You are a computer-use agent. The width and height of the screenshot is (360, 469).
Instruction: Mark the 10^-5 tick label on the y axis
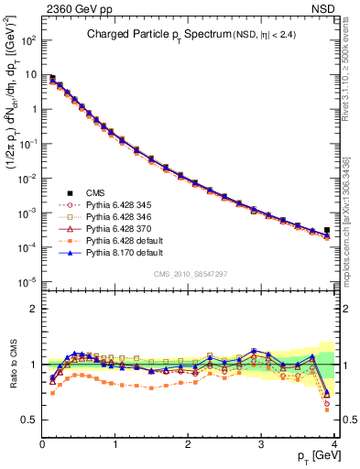(26, 282)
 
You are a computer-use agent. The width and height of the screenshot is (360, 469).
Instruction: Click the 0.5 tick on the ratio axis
(27, 420)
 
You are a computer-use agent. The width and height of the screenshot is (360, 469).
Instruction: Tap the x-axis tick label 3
(262, 443)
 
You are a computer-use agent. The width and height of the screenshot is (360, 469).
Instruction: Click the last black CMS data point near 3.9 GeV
(327, 230)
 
